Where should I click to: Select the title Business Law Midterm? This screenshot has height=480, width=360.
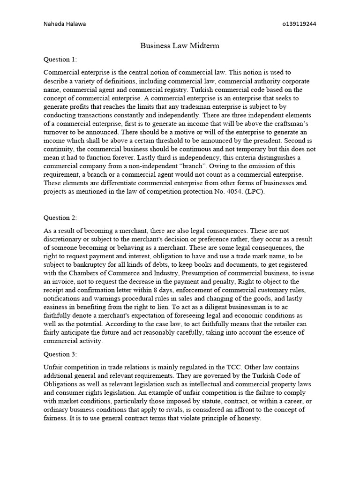(180, 46)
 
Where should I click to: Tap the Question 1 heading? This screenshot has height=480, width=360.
(60, 60)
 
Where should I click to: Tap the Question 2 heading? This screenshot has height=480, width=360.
(60, 217)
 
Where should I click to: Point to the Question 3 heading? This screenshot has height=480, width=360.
(60, 354)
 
